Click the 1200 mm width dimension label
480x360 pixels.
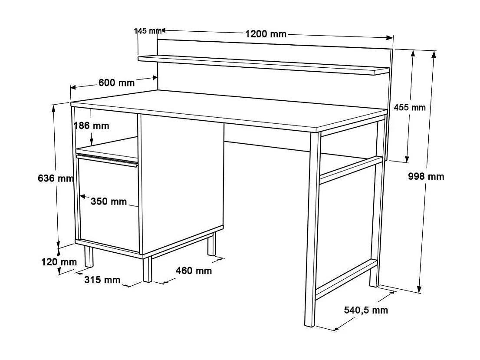tap(266, 34)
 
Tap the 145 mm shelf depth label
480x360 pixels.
tap(148, 31)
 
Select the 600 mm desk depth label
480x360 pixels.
tap(116, 83)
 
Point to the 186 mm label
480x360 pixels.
tap(91, 126)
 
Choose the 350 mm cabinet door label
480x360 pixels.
tap(108, 201)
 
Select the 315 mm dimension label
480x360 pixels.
tap(102, 280)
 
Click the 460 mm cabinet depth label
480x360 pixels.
tap(194, 271)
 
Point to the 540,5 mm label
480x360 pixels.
tap(366, 310)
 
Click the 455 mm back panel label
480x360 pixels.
tap(410, 107)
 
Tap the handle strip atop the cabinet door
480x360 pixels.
tap(107, 159)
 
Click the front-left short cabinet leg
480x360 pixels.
tap(148, 270)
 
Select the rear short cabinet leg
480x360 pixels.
tap(211, 244)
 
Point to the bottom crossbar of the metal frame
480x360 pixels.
tap(345, 279)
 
